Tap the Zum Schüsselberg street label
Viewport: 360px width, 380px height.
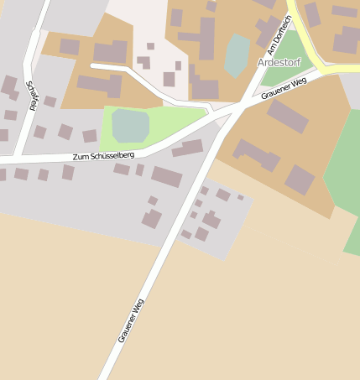click(x=102, y=155)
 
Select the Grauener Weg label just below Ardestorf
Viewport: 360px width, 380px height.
click(x=284, y=87)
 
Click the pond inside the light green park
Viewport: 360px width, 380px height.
click(x=130, y=125)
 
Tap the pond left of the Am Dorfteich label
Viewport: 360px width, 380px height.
click(x=237, y=54)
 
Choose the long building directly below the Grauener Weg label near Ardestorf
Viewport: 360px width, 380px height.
click(x=287, y=116)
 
